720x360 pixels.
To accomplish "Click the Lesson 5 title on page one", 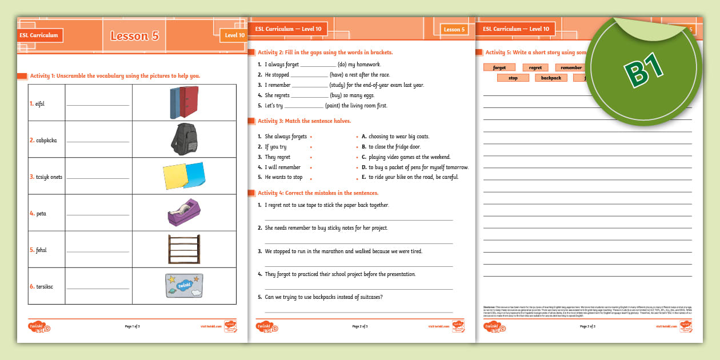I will coord(134,35).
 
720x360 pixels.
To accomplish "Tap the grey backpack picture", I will coord(184,139).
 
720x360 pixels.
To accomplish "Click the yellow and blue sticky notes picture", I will coord(184,176).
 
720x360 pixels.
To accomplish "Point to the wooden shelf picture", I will coord(184,249).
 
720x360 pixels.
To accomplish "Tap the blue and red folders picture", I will coord(184,102).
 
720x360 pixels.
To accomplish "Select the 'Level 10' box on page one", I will coord(234,35).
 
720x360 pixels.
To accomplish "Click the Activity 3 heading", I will coord(304,121).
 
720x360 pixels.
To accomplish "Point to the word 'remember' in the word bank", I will coord(571,67).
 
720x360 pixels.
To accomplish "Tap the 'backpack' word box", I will coord(551,78).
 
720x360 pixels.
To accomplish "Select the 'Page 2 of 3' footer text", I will coord(360,326).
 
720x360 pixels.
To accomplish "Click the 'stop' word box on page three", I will coord(513,78).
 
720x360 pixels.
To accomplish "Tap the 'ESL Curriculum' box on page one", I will coord(39,35).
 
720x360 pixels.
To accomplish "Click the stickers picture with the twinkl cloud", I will coord(184,286).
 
